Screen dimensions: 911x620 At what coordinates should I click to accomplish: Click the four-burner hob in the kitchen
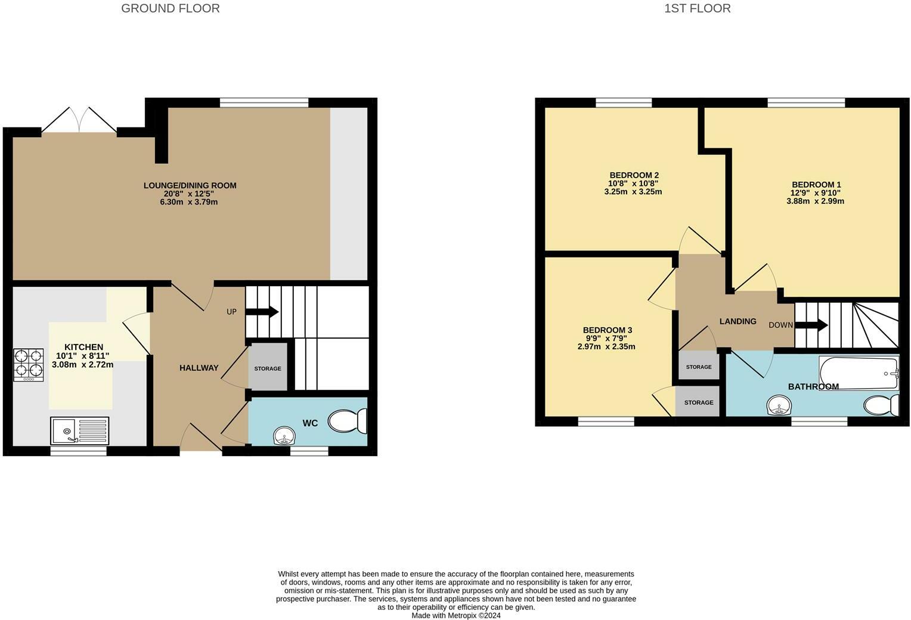[29, 365]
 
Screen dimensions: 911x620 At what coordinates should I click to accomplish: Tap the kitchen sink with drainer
[80, 430]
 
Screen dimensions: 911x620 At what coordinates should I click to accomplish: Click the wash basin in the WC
[285, 436]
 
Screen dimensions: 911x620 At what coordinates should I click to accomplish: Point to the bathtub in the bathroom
[859, 373]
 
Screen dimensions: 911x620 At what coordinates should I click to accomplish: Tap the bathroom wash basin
[779, 405]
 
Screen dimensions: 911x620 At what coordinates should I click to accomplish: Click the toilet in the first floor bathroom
[882, 405]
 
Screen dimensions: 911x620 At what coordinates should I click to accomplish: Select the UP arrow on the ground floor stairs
[262, 312]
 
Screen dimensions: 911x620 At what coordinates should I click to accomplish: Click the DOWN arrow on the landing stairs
[811, 325]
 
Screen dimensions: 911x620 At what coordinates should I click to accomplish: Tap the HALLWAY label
[199, 368]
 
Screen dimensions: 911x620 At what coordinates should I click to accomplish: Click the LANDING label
[738, 321]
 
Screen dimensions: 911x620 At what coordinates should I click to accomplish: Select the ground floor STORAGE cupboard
[268, 367]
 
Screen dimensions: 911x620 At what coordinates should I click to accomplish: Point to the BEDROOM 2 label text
[634, 175]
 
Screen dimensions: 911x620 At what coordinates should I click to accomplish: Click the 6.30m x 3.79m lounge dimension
[189, 202]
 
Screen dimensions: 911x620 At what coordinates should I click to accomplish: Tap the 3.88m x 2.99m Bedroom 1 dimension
[815, 201]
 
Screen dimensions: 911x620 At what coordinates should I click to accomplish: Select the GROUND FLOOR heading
[171, 8]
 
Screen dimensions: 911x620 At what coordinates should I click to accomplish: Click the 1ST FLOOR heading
[698, 8]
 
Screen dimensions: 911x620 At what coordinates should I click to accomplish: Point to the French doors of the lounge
[79, 120]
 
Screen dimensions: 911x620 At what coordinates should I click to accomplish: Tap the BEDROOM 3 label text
[608, 330]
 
